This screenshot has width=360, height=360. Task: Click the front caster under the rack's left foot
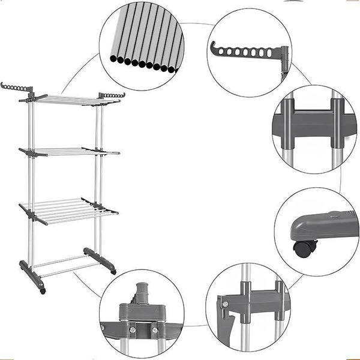tap(42, 292)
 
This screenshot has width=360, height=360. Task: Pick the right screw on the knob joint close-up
tap(154, 329)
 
